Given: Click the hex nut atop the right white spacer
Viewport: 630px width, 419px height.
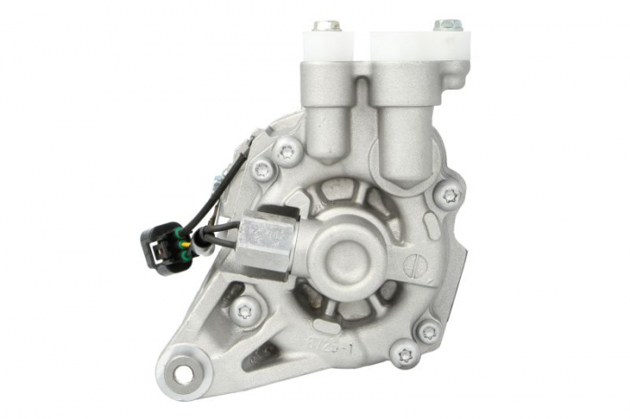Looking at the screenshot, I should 447,24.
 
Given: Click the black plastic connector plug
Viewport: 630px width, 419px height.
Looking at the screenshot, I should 160,245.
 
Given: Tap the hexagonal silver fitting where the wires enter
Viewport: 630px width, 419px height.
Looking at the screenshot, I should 266,237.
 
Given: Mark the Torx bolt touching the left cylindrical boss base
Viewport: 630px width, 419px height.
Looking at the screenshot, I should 288,151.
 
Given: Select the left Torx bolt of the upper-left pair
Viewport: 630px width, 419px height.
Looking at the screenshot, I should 263,169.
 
